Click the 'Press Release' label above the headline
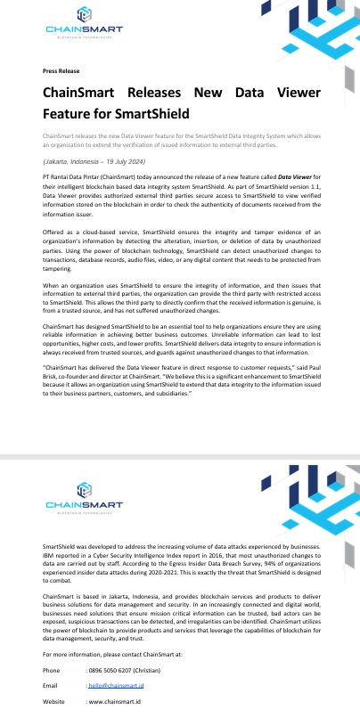tap(61, 70)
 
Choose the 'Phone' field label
tap(52, 670)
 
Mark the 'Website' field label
tap(54, 703)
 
